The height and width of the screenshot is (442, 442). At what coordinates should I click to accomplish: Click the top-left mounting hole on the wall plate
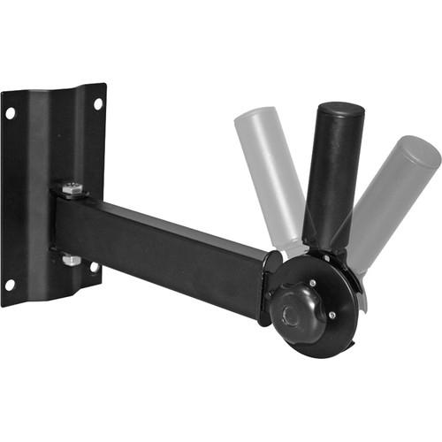[x=10, y=113]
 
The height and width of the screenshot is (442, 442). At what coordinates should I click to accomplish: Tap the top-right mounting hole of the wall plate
[x=97, y=103]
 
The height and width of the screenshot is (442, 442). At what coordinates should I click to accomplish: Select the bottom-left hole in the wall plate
[x=10, y=285]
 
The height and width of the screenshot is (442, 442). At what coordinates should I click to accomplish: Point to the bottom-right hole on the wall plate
[x=94, y=267]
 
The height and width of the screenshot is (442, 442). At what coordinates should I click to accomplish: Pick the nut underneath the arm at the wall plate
[x=70, y=261]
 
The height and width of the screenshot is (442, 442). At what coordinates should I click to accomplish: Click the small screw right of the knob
[x=331, y=314]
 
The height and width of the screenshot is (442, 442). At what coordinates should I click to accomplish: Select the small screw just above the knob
[x=312, y=283]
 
